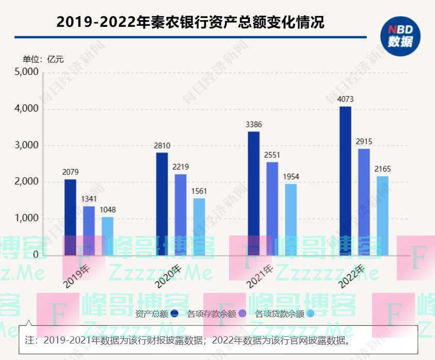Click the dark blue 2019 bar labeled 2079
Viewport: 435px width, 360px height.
pyautogui.click(x=70, y=217)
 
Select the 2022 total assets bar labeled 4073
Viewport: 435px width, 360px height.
pyautogui.click(x=345, y=181)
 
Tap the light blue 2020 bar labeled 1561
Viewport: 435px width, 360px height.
pyautogui.click(x=199, y=227)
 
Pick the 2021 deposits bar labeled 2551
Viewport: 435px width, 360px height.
pyautogui.click(x=272, y=209)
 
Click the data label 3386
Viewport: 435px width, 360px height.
pyautogui.click(x=253, y=124)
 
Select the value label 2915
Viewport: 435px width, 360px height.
pyautogui.click(x=364, y=142)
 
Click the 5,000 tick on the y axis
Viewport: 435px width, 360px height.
pyautogui.click(x=26, y=72)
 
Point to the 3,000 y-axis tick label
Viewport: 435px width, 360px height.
pyautogui.click(x=26, y=145)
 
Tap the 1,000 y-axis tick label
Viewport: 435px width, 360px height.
pyautogui.click(x=26, y=218)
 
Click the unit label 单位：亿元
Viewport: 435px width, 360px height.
pyautogui.click(x=43, y=59)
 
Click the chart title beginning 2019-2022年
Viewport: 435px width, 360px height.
pyautogui.click(x=190, y=22)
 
